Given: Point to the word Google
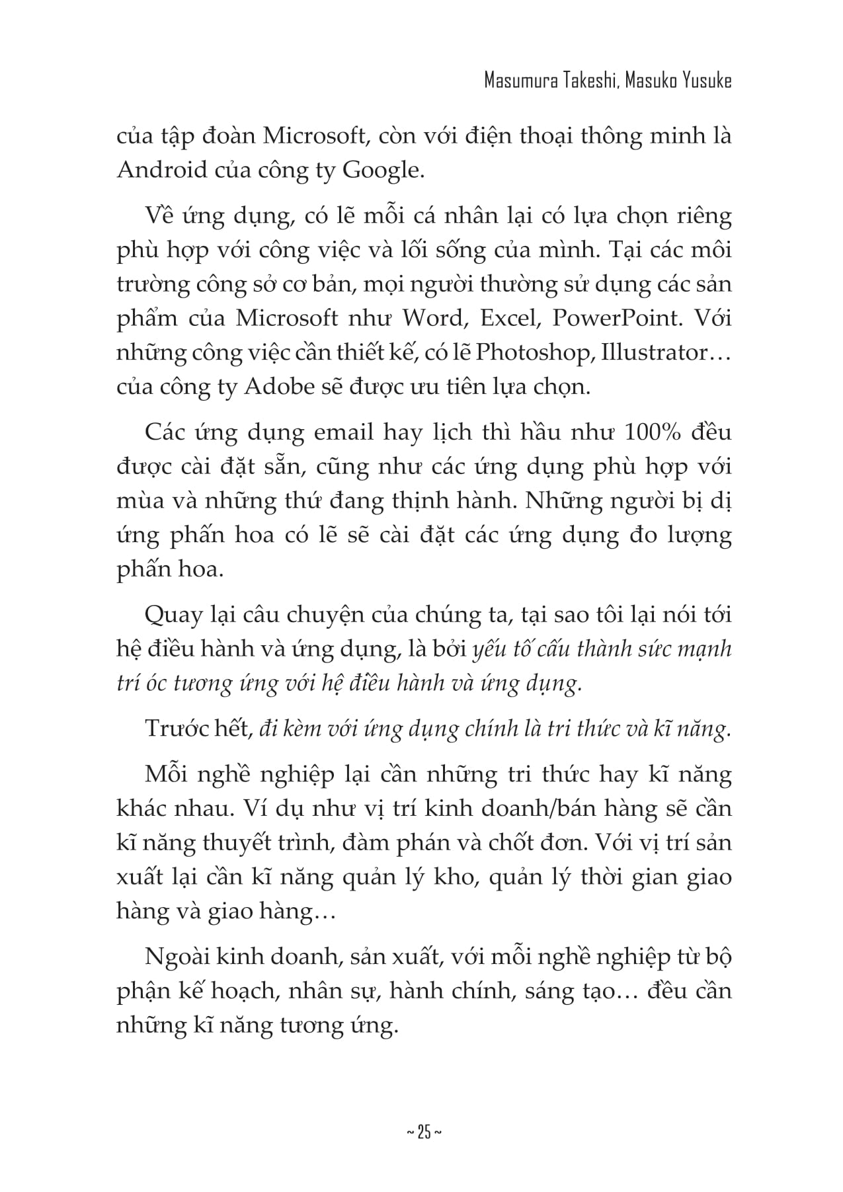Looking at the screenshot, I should (381, 171).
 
